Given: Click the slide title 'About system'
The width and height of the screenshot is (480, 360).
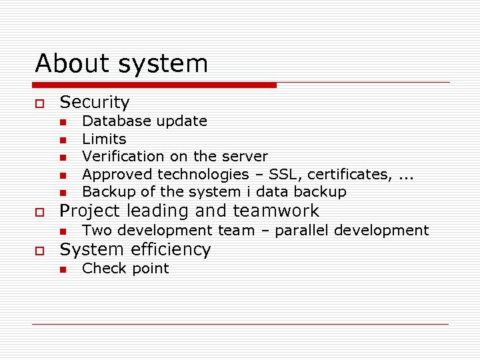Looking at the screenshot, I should (121, 64).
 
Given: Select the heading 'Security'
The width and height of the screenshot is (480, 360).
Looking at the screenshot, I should (95, 102).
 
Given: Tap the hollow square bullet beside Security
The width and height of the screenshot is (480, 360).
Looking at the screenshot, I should (39, 103).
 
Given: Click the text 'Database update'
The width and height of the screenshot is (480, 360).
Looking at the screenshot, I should (144, 121).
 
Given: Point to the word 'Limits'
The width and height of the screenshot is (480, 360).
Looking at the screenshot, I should (104, 139).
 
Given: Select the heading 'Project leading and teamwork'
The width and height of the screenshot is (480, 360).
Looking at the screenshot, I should (189, 211).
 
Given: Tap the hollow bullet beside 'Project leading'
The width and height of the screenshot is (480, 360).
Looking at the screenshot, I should (39, 212).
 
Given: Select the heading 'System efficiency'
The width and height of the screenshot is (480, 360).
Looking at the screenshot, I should (135, 250).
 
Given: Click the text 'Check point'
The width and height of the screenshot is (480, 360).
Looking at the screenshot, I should (125, 269).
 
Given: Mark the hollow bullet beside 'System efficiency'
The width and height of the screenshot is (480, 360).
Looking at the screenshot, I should (39, 251).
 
